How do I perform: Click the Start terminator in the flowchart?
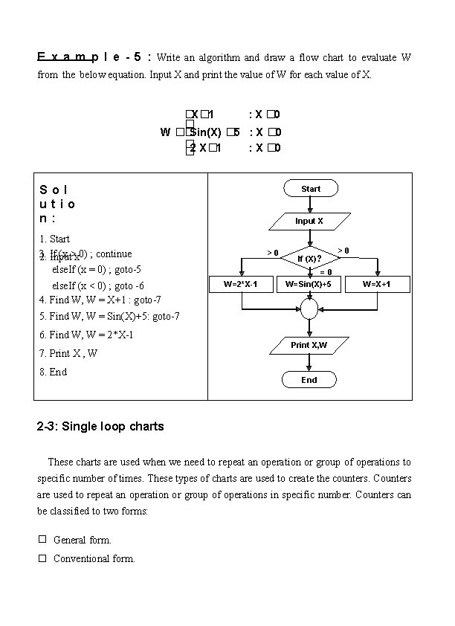click(311, 189)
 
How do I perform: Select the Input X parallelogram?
click(309, 221)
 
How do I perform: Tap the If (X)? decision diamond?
click(309, 258)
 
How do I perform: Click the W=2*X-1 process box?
click(241, 284)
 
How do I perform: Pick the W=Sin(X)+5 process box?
click(309, 284)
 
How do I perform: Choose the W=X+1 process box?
click(377, 284)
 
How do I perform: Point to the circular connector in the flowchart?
click(309, 308)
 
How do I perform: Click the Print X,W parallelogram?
click(309, 345)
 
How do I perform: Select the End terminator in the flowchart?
click(309, 380)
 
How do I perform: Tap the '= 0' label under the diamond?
click(326, 272)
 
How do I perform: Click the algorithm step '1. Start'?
click(54, 239)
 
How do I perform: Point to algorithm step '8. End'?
click(53, 372)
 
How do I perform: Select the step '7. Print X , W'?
click(68, 353)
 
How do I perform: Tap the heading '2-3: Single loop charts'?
click(100, 427)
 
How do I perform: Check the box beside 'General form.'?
click(42, 539)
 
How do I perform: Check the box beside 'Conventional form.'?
click(42, 558)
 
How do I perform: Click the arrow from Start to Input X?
click(310, 205)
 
